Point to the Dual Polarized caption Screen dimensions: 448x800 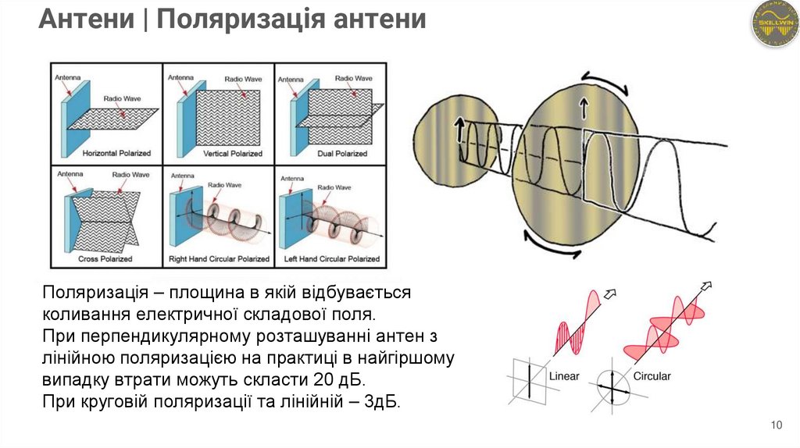click(x=341, y=154)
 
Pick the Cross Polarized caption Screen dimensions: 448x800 click(x=105, y=258)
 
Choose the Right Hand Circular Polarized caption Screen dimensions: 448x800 click(x=220, y=258)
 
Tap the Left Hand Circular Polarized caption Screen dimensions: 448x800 click(x=330, y=258)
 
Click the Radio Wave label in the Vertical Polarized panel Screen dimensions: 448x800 click(x=243, y=79)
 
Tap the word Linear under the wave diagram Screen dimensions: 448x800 click(x=564, y=376)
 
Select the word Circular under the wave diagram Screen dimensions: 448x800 click(x=652, y=376)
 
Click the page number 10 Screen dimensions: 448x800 click(x=776, y=425)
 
